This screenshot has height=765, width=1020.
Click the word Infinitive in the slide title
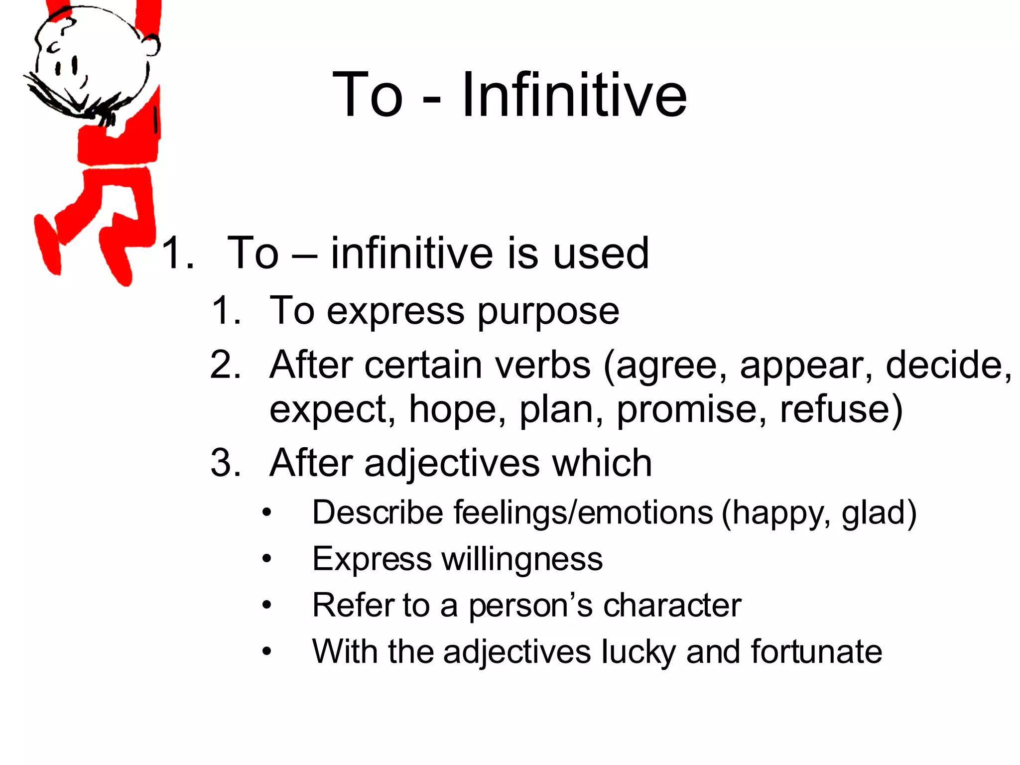[574, 95]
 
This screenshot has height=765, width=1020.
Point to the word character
[672, 605]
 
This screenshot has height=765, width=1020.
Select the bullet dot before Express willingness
[267, 559]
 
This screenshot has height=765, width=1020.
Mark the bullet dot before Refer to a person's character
[267, 605]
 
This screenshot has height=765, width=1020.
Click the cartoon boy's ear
[151, 46]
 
